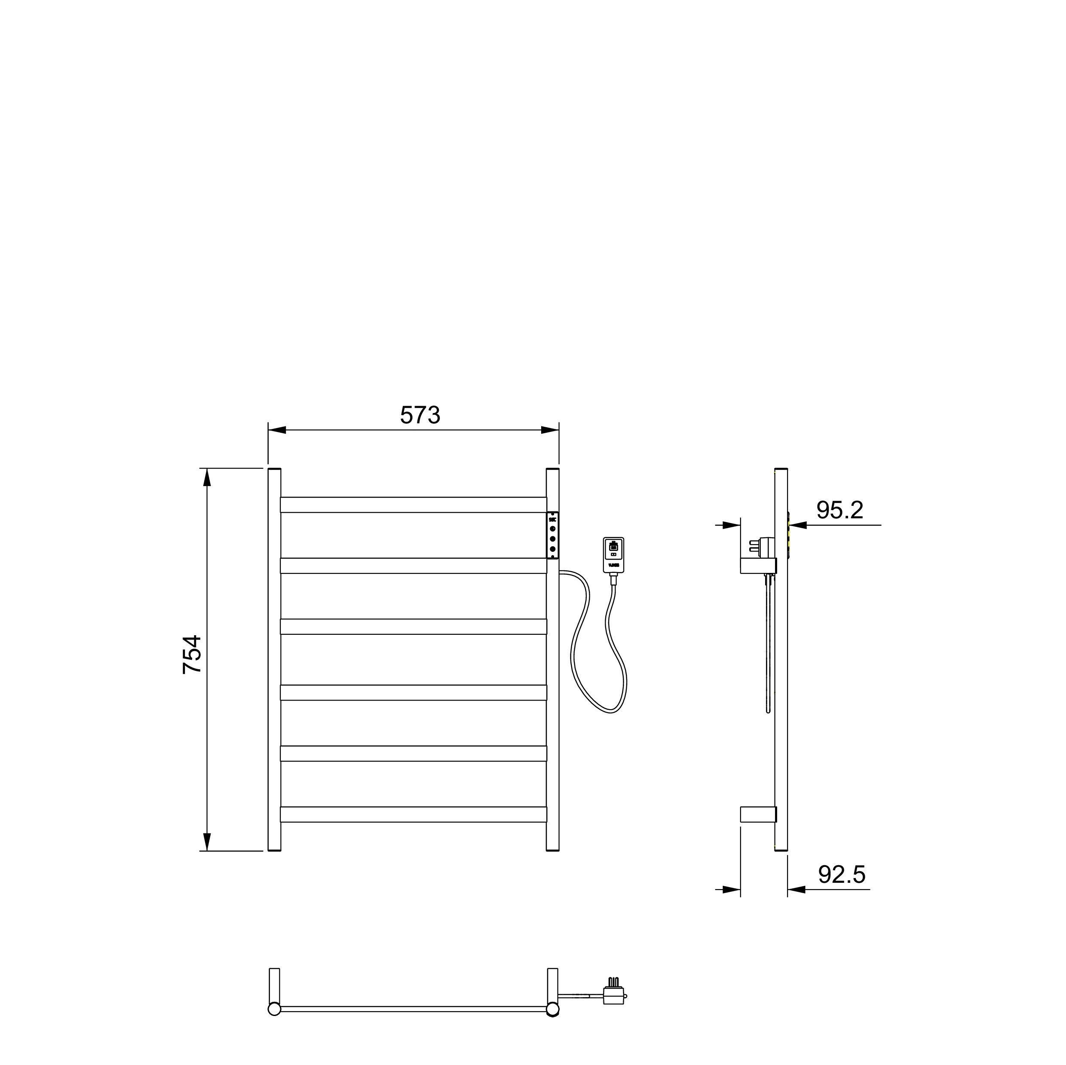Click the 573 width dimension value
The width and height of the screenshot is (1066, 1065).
click(x=420, y=416)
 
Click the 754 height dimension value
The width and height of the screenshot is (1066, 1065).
click(x=192, y=655)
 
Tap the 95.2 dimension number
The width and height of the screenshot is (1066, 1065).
click(x=840, y=511)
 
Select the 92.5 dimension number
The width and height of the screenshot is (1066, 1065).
click(x=842, y=875)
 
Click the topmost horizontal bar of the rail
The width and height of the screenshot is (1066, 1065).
click(x=413, y=505)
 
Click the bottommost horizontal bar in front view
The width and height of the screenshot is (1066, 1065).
click(x=413, y=815)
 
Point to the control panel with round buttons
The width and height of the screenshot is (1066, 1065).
click(x=552, y=535)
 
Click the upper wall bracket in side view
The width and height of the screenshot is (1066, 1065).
click(x=758, y=565)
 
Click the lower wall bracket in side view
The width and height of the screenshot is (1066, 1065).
click(x=758, y=814)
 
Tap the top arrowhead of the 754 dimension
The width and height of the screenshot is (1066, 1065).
click(x=207, y=477)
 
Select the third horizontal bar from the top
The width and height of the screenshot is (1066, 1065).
click(x=413, y=626)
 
